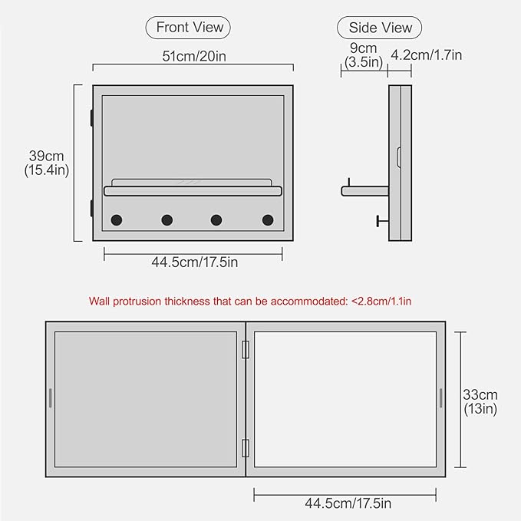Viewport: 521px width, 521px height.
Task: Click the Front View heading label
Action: click(190, 28)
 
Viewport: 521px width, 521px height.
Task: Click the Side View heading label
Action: click(380, 28)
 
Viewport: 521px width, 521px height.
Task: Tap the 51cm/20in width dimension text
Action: click(194, 56)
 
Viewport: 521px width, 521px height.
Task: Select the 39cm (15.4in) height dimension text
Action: click(47, 163)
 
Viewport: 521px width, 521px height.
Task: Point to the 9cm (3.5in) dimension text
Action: click(364, 55)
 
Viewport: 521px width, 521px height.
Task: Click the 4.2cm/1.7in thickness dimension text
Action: click(427, 54)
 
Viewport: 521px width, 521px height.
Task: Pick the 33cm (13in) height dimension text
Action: click(480, 402)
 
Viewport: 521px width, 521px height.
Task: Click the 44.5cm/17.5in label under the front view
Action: click(195, 262)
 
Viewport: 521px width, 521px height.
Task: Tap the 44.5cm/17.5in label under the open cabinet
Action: click(348, 503)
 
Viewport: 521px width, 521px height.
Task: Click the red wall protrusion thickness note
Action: click(250, 302)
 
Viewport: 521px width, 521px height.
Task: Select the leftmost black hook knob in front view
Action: click(117, 220)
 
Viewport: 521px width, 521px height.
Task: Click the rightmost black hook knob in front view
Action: click(268, 220)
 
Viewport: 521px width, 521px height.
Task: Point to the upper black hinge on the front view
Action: click(91, 118)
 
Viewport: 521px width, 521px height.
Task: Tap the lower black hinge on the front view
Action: click(91, 209)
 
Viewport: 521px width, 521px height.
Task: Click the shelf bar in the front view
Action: click(193, 191)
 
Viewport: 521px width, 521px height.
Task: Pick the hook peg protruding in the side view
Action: click(382, 221)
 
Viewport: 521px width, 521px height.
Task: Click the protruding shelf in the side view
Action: click(364, 191)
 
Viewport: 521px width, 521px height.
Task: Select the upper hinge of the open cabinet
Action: click(246, 350)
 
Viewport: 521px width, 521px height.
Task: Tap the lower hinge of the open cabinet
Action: click(246, 448)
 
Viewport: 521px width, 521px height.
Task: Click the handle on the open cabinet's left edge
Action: click(51, 397)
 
